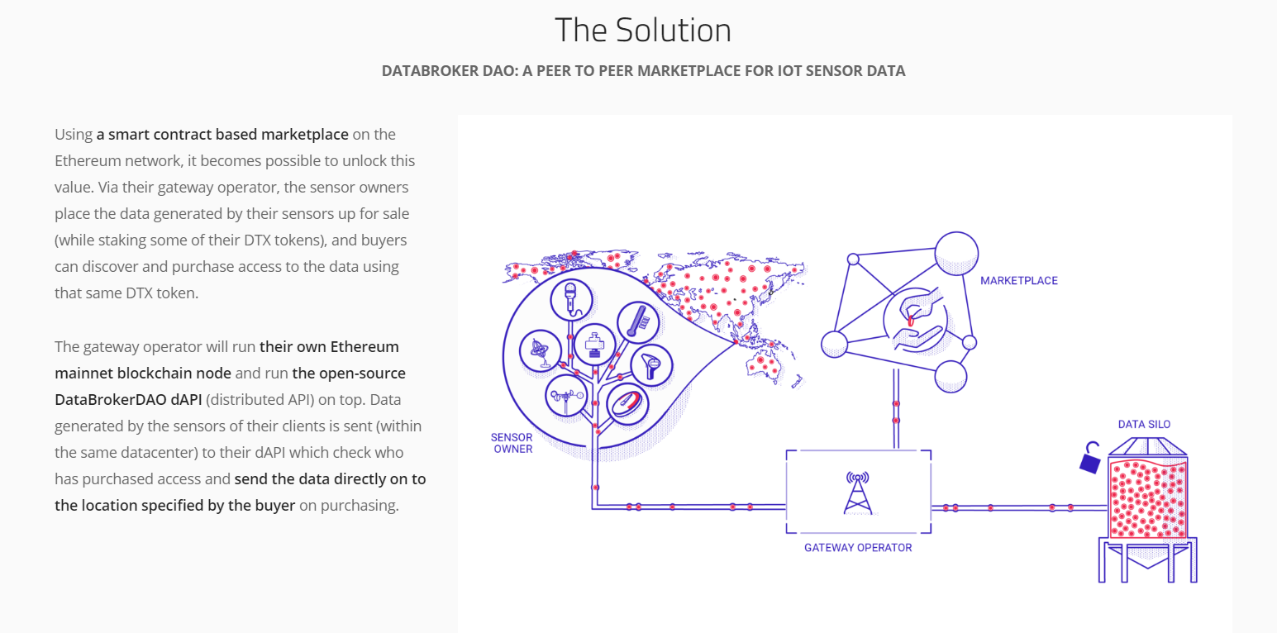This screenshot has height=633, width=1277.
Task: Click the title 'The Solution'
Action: tap(642, 31)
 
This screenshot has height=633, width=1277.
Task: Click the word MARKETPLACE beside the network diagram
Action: tap(1019, 281)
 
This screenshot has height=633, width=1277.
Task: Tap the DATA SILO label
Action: tap(1144, 425)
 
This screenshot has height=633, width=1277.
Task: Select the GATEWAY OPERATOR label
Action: tap(858, 548)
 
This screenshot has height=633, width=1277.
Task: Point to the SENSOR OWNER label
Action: tap(512, 443)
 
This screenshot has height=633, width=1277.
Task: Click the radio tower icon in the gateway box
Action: tap(858, 493)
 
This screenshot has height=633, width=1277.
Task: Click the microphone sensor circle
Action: tap(571, 299)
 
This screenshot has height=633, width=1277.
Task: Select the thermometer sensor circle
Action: tap(638, 322)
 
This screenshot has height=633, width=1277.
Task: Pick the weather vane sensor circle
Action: tap(566, 395)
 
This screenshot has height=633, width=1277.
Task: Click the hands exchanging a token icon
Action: tap(916, 320)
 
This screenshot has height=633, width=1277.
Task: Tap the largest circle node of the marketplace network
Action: tap(956, 253)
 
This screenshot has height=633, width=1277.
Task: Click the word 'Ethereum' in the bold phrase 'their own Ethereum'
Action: tap(365, 347)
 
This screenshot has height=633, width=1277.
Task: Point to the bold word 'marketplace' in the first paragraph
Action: tap(304, 135)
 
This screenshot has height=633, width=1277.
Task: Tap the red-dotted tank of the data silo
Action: tap(1148, 498)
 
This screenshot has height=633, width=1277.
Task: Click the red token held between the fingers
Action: tap(911, 321)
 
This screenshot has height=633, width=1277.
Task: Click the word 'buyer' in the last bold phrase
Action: tap(275, 506)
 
